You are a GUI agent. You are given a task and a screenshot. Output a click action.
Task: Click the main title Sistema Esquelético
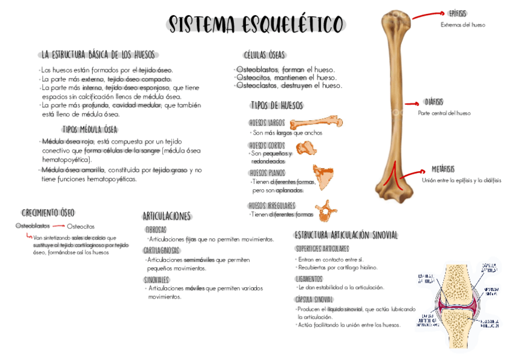(256, 25)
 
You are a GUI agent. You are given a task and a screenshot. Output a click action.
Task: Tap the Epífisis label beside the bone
(457, 13)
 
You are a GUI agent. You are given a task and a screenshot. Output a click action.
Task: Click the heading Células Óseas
(265, 55)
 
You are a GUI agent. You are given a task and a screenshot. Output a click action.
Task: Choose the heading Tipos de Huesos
(277, 106)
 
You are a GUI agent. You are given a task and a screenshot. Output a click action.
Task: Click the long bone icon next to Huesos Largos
(316, 123)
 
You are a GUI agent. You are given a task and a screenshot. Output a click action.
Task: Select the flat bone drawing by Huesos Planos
(322, 177)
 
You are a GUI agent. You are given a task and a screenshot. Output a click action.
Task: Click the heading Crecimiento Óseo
(48, 213)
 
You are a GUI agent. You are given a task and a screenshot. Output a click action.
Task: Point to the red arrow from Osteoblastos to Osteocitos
(58, 226)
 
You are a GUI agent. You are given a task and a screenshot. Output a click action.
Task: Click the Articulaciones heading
(167, 216)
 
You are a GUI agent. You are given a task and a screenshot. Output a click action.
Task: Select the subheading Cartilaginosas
(162, 250)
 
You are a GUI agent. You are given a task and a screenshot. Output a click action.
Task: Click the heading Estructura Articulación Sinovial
(346, 235)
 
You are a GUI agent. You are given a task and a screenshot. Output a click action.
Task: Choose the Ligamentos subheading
(309, 279)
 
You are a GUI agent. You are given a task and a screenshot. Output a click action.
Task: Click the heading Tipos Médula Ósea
(90, 129)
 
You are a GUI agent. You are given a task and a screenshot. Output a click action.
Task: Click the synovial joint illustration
(459, 304)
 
